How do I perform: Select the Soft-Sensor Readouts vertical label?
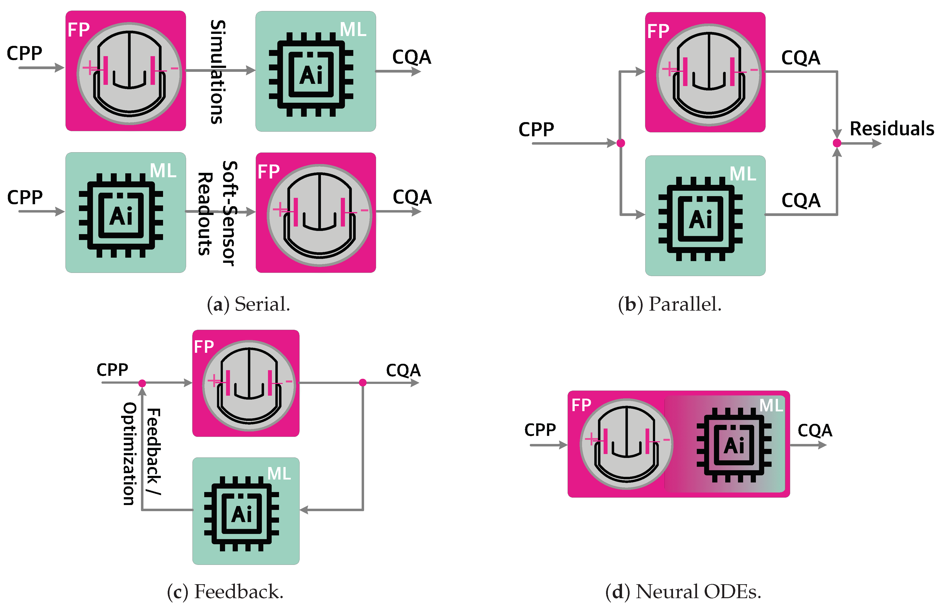[217, 213]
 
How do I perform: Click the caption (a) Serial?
[248, 304]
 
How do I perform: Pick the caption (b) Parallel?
[670, 304]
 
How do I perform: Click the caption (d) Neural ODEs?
[683, 591]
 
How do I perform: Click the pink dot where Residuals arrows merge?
[837, 143]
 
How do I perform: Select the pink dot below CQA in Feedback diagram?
[363, 382]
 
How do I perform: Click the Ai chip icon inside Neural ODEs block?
[734, 445]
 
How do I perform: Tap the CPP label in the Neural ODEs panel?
[540, 430]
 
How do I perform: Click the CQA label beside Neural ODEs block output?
[815, 430]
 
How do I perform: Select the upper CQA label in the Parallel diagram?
[800, 58]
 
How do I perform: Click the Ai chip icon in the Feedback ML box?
[241, 514]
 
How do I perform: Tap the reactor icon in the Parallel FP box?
[709, 75]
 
